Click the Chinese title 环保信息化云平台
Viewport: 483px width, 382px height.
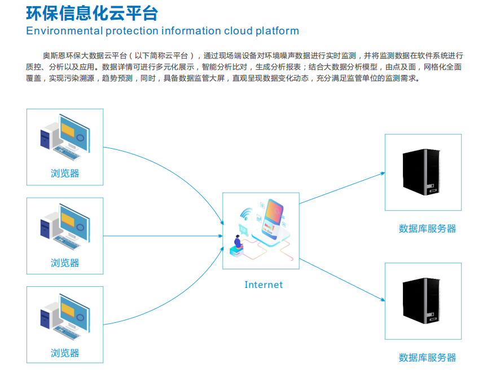tap(92, 14)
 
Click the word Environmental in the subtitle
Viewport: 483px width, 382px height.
tap(64, 31)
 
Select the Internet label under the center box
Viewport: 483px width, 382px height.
tap(264, 285)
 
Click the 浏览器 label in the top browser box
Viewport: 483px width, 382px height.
tap(65, 173)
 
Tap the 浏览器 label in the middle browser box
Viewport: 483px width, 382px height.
tap(65, 263)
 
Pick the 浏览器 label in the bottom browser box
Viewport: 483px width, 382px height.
tap(65, 353)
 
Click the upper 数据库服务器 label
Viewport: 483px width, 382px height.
tap(427, 229)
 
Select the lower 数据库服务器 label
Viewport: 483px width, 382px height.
tap(427, 358)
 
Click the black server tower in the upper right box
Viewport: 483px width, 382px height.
tap(421, 172)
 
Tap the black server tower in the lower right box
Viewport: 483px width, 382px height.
tap(421, 301)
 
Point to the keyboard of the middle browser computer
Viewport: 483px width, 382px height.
tap(67, 243)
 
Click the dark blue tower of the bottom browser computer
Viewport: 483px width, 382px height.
tap(45, 319)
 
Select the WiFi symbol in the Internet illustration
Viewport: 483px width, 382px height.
tap(246, 214)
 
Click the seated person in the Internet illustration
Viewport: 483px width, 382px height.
tap(238, 242)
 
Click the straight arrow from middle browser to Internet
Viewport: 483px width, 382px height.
tap(163, 236)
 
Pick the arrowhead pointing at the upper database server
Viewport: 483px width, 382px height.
tap(383, 174)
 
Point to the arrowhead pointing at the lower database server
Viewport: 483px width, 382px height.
tap(383, 300)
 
